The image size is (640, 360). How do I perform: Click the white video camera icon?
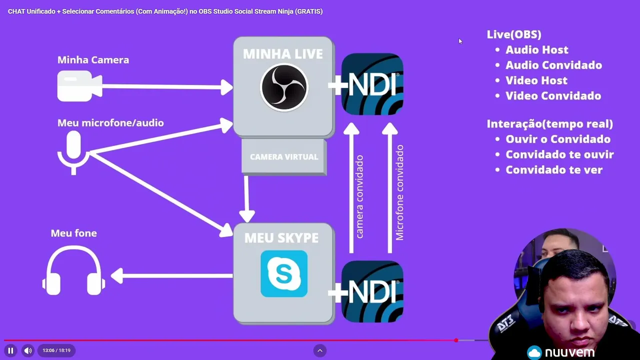[x=79, y=86]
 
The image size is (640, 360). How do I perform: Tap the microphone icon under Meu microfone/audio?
[x=73, y=151]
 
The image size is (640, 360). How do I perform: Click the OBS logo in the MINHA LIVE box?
[x=284, y=87]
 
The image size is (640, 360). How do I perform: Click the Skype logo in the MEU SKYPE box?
[x=284, y=273]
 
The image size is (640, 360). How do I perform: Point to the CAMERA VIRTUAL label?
[x=284, y=157]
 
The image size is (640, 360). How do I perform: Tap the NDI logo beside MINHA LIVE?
[x=372, y=84]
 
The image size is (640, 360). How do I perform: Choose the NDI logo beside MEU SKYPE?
[x=372, y=291]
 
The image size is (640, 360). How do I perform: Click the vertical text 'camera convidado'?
[x=359, y=196]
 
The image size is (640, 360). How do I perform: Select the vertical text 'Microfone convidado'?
[x=399, y=193]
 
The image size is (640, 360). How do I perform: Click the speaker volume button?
[x=28, y=350]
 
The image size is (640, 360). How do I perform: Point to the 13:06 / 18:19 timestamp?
[x=56, y=350]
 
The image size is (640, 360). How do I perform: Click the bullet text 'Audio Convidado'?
[x=553, y=65]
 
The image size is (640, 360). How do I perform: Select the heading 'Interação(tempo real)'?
[x=549, y=123]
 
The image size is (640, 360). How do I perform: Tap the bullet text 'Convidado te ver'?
[x=554, y=170]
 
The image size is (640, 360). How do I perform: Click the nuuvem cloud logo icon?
[x=534, y=352]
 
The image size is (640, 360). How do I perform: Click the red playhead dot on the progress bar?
[x=456, y=340]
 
